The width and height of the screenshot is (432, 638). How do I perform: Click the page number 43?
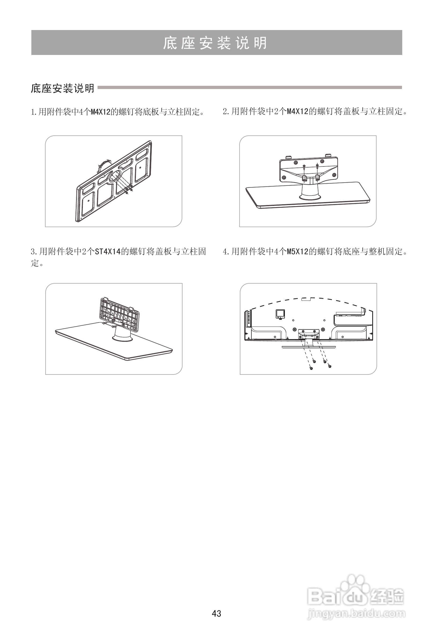coord(216,614)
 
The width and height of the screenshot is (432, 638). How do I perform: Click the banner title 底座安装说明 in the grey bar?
coord(215,43)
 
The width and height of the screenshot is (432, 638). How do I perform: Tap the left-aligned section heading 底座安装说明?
coord(63,88)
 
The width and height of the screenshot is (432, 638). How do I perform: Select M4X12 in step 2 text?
coord(297,112)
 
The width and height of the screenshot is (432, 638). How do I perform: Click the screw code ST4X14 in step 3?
coord(108,251)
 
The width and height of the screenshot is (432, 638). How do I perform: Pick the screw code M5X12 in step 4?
coord(297,251)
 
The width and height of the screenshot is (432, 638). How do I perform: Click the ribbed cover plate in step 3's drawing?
coord(119,313)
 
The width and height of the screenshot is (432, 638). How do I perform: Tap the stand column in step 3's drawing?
coord(122,333)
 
